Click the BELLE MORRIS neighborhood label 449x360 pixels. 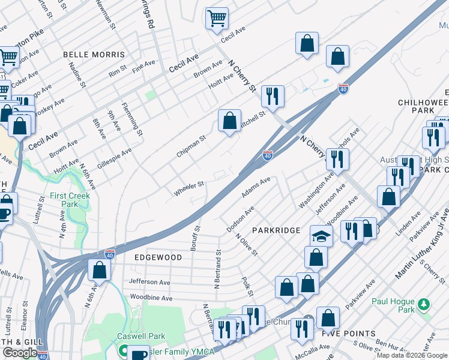94,55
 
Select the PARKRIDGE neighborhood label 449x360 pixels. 276,230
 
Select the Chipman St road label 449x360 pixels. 191,146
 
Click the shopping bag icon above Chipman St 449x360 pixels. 229,121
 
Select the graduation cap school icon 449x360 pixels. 321,235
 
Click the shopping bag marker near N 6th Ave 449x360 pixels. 99,269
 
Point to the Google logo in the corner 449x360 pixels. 20,353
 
